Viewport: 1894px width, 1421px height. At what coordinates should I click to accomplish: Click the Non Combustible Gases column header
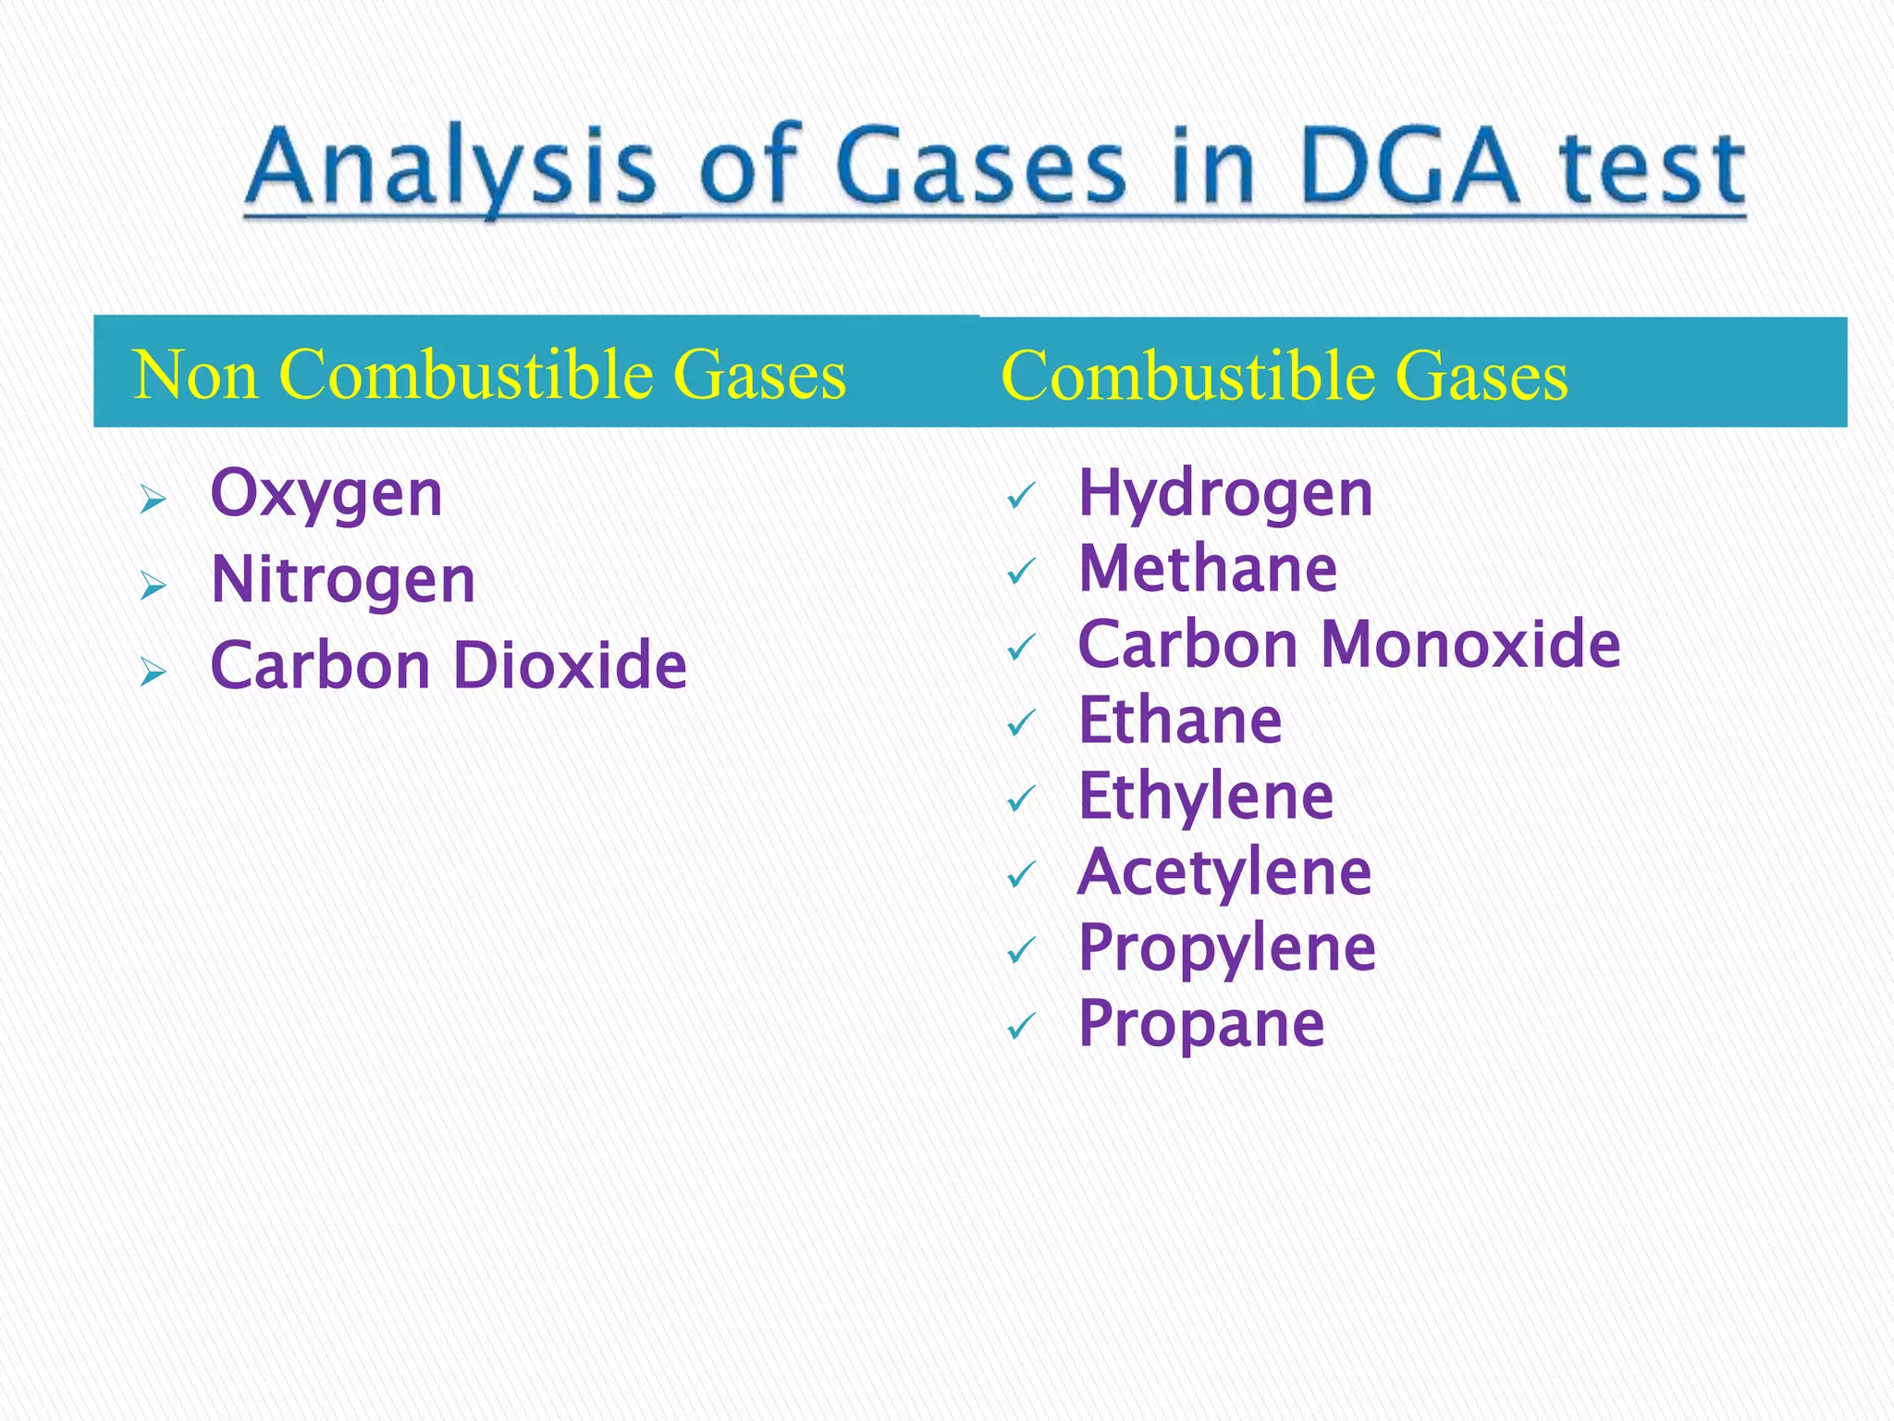(489, 375)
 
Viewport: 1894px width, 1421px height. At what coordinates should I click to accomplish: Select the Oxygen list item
(326, 495)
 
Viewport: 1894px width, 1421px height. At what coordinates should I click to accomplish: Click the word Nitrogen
(343, 581)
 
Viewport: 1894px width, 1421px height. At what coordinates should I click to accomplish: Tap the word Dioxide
(571, 665)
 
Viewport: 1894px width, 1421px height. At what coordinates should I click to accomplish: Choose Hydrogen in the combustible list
(1225, 495)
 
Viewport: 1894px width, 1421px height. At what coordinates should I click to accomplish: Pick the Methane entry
(1208, 568)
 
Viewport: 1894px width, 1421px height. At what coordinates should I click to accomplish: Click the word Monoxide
(1470, 644)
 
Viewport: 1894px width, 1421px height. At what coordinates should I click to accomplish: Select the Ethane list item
(1180, 720)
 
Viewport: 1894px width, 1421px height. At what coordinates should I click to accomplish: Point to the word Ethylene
(1206, 797)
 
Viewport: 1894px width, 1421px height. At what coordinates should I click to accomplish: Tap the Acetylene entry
(1224, 872)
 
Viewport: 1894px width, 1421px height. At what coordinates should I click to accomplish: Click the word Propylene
(1227, 948)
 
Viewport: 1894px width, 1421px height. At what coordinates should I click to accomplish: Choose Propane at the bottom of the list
(1201, 1024)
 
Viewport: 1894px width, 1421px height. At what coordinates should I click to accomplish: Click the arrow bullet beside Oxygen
(153, 500)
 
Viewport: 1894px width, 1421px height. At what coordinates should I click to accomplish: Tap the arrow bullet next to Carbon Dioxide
(153, 672)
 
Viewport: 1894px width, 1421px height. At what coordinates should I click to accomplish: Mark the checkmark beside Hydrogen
(1021, 497)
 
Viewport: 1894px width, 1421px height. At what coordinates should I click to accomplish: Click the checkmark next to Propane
(1021, 1026)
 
